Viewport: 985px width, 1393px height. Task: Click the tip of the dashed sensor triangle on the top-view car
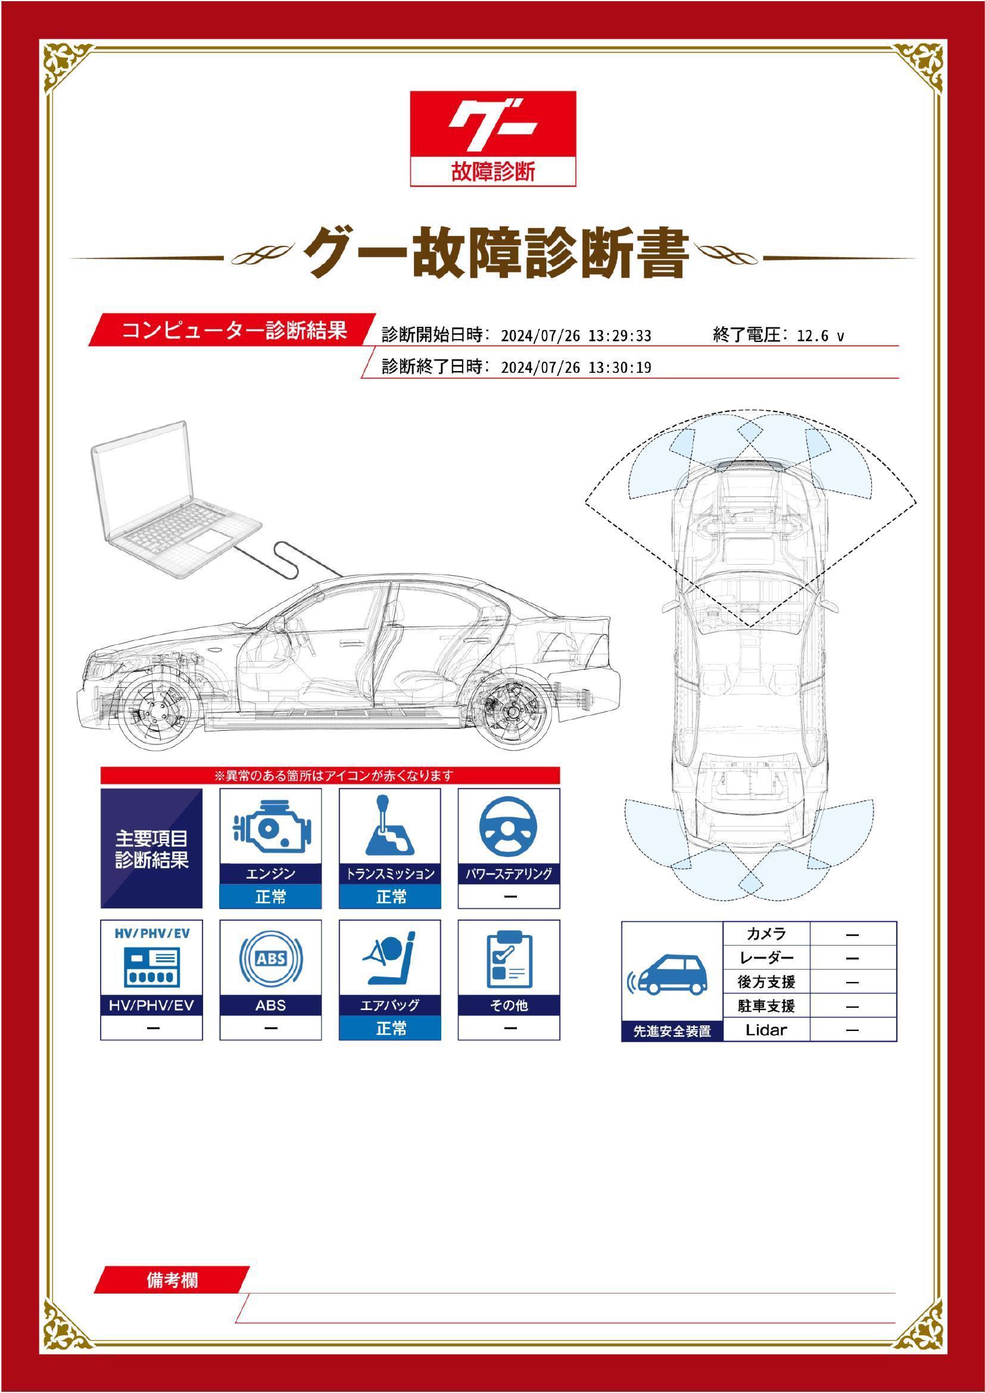pyautogui.click(x=750, y=627)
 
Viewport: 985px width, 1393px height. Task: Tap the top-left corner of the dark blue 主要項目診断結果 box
pyautogui.click(x=101, y=789)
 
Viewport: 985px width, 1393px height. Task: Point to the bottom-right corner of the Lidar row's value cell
pyautogui.click(x=896, y=1041)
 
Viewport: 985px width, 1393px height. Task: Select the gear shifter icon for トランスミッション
pyautogui.click(x=389, y=825)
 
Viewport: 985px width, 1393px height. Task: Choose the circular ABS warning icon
pyautogui.click(x=270, y=959)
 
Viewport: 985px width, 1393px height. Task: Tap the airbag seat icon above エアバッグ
pyautogui.click(x=389, y=959)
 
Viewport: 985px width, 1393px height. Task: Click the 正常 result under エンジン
pyautogui.click(x=270, y=897)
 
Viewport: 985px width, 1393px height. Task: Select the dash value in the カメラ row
pyautogui.click(x=852, y=935)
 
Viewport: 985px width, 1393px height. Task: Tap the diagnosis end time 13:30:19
pyautogui.click(x=620, y=367)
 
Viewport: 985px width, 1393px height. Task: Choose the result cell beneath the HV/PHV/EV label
pyautogui.click(x=152, y=1028)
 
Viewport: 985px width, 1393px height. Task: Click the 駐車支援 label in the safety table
pyautogui.click(x=766, y=1006)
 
